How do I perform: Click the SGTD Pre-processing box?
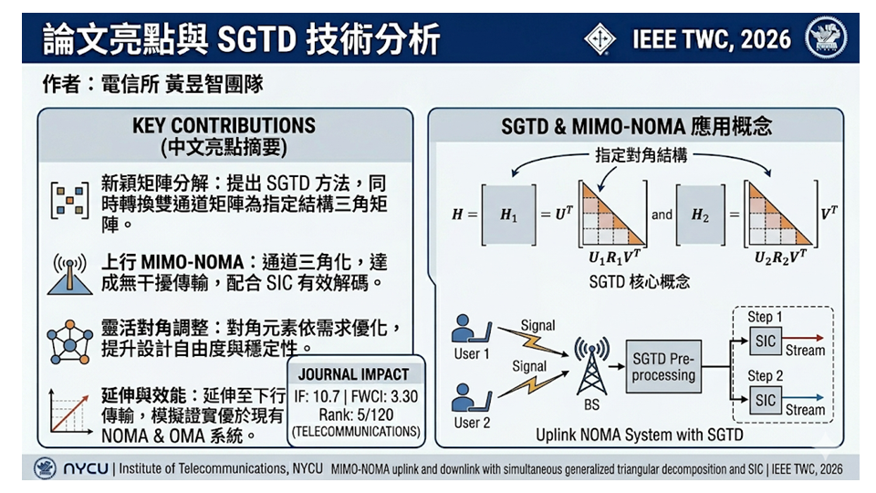coord(663,366)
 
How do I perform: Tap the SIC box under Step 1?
coord(766,341)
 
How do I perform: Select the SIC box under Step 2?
coord(766,400)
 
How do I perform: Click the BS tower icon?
coord(591,365)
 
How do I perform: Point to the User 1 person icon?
coord(471,329)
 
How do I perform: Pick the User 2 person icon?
coord(471,397)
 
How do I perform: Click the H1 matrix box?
coord(509,215)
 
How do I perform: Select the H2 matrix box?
coord(700,215)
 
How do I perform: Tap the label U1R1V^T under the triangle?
coord(614,257)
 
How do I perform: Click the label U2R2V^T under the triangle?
coord(780,257)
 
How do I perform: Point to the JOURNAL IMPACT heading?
coord(354,374)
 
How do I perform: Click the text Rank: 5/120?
coord(356,414)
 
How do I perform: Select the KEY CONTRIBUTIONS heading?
coord(224,125)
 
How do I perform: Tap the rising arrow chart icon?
coord(70,412)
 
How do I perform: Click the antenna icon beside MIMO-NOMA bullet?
coord(70,273)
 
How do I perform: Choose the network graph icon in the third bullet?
coord(70,342)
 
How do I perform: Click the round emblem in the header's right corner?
coord(826,38)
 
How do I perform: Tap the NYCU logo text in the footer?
coord(86,468)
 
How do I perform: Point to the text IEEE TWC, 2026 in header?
coord(712,39)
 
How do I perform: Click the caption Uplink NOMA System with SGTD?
coord(639,435)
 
